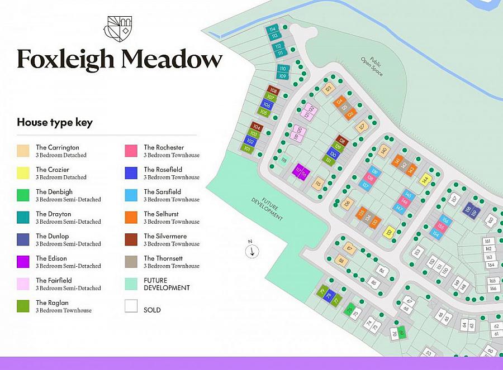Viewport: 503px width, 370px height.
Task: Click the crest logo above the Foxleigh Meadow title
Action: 118,28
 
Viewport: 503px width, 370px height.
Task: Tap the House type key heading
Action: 55,122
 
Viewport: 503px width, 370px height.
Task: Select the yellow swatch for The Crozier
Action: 23,173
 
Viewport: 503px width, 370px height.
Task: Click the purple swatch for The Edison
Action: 23,262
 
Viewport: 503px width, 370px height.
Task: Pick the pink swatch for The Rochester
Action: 131,151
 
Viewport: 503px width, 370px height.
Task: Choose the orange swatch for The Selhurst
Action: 131,217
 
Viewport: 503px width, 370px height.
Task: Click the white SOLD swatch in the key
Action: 131,306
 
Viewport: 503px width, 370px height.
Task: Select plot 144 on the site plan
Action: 425,180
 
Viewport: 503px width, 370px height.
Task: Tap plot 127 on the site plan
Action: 362,127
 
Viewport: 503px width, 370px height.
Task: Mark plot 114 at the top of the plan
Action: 273,29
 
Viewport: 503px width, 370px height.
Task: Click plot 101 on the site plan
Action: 247,149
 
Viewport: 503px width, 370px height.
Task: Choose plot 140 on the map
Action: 383,150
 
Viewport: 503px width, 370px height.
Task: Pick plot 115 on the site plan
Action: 318,182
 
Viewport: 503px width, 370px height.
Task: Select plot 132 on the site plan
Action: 390,231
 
